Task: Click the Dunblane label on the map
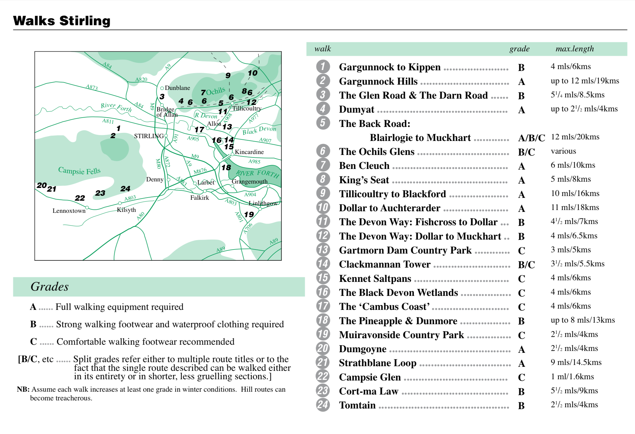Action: pos(177,88)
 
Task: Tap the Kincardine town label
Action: pos(249,152)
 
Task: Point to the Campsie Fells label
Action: pos(79,171)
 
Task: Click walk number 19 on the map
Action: pos(249,214)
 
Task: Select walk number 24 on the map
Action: pos(125,189)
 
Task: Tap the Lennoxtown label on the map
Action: pos(69,211)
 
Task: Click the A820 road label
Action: pos(141,80)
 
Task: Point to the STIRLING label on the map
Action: pos(149,136)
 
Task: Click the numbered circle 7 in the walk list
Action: pos(323,165)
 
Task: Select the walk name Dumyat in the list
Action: pos(357,110)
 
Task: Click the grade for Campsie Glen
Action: pos(521,377)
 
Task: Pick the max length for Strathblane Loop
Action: pos(576,362)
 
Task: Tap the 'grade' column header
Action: pos(519,49)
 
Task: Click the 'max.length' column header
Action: pos(575,49)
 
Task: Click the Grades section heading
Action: pos(49,287)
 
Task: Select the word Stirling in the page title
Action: pos(85,21)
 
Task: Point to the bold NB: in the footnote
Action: pos(23,390)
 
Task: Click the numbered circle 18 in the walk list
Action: pos(323,320)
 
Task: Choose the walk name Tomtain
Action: pos(357,405)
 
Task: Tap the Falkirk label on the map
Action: pos(200,198)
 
